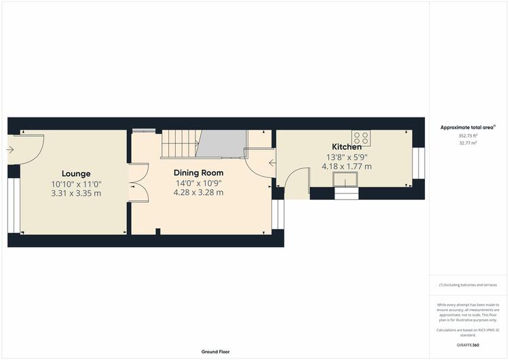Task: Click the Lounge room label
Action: point(76,174)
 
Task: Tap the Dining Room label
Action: point(198,173)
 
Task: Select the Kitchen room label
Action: point(346,147)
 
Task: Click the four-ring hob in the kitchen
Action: point(361,138)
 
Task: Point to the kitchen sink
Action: point(345,179)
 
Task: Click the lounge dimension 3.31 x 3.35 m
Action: point(76,194)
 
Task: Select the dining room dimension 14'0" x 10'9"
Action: point(198,183)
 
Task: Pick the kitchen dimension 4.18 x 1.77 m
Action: point(346,166)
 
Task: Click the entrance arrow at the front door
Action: point(10,150)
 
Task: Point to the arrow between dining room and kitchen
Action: point(272,163)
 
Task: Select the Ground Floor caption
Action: point(216,352)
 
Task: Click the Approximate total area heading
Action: point(468,128)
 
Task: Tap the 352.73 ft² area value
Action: point(468,136)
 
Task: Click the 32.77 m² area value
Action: point(468,143)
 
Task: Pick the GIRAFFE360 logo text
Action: point(468,345)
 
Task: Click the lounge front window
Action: point(14,205)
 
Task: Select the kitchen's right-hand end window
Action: point(419,163)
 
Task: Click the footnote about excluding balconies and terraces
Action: point(468,285)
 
